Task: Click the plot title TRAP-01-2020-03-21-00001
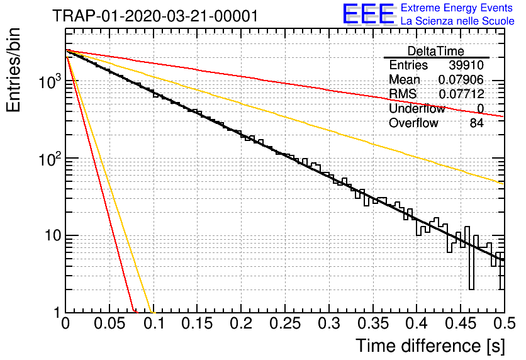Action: point(155,16)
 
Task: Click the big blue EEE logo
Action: point(368,14)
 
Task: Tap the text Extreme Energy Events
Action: point(457,8)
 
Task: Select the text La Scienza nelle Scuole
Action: point(457,21)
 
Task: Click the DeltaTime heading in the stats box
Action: point(436,51)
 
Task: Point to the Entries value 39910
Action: point(466,65)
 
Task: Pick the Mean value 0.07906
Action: point(461,80)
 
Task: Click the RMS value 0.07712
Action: point(461,94)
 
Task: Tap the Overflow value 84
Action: point(476,123)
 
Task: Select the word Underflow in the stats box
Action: point(417,108)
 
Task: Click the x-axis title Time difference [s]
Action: point(429,346)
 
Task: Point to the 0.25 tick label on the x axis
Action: point(285,323)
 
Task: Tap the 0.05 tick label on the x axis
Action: point(109,323)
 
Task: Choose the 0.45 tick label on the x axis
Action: point(461,323)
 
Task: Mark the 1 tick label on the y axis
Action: point(57,313)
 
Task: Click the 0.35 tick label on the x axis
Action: point(372,323)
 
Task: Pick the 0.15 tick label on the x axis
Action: point(197,323)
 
